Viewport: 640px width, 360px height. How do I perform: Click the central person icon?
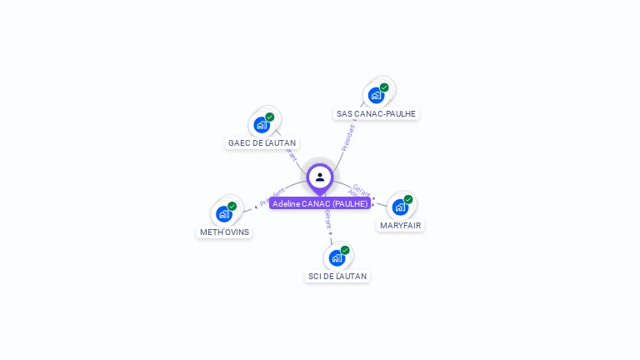coord(320,177)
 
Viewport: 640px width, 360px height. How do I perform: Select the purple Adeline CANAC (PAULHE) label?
coord(320,203)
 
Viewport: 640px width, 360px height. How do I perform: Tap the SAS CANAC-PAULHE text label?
coord(376,113)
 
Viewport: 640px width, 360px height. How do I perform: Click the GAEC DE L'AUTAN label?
coord(262,142)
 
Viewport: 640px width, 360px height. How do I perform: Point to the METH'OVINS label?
coord(224,232)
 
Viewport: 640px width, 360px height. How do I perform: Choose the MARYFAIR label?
coord(401,225)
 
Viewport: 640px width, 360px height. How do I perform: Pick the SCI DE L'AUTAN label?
coord(337,276)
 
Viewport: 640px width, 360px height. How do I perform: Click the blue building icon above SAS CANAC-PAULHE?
coord(376,95)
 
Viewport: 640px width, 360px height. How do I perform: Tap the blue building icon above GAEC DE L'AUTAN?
coord(262,125)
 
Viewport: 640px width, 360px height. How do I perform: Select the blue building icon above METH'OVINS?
coord(223,214)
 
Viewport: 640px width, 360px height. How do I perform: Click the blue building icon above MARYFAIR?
coord(400,207)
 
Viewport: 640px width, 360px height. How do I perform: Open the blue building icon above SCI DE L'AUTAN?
coord(337,257)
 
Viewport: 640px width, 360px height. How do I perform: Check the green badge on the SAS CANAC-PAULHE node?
coord(384,87)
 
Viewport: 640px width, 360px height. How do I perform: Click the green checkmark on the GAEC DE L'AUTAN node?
coord(270,117)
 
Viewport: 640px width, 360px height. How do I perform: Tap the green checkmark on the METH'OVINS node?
coord(232,207)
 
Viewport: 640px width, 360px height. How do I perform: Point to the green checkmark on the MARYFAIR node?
coord(408,200)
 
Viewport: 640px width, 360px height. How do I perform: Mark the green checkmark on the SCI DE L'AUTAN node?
coord(345,250)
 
